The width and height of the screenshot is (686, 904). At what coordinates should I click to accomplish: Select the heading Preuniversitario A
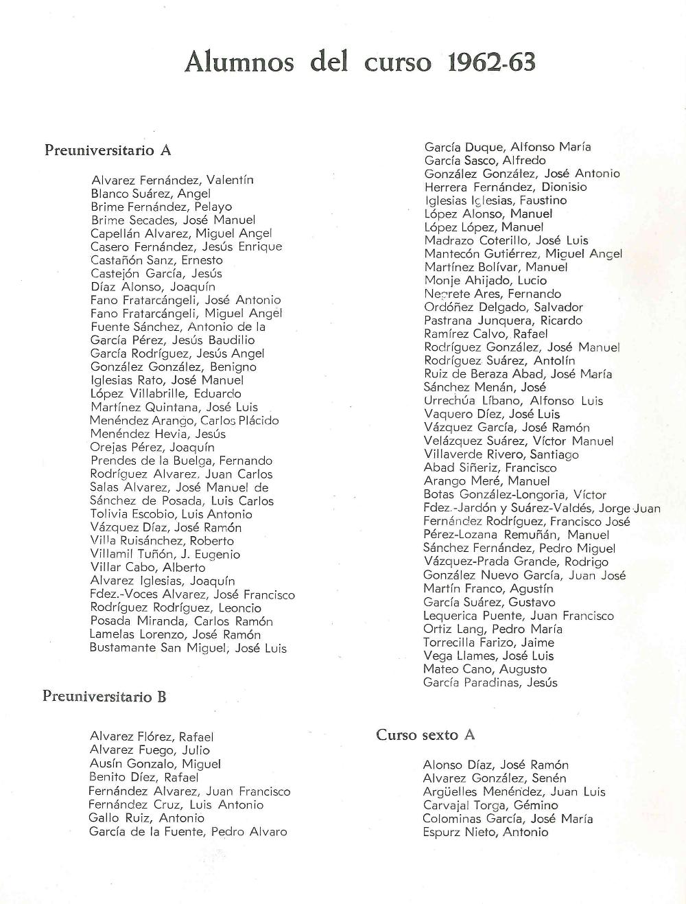(x=108, y=150)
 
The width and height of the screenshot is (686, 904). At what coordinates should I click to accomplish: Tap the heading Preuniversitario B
(x=104, y=697)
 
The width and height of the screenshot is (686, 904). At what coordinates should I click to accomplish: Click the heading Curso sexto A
(x=425, y=735)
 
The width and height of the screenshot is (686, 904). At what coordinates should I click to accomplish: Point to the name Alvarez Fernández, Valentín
(x=172, y=181)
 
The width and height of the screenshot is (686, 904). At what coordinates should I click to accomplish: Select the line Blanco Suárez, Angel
(x=150, y=194)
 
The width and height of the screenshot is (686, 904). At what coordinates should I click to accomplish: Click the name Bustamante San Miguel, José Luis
(x=188, y=648)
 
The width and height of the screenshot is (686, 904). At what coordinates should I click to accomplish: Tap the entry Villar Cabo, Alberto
(x=147, y=568)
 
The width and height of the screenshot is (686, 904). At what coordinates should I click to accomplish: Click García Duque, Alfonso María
(x=507, y=147)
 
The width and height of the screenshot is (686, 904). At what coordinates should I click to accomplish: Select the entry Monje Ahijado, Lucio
(x=485, y=280)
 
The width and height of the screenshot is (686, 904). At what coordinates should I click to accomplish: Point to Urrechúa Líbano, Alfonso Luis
(x=513, y=401)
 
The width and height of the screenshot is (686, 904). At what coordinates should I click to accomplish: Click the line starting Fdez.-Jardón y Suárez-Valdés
(x=541, y=509)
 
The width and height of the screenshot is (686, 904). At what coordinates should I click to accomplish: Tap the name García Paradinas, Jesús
(x=490, y=683)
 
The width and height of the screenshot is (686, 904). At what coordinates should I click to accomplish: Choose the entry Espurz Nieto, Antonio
(x=486, y=832)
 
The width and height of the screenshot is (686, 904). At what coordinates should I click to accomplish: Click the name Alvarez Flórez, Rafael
(x=152, y=737)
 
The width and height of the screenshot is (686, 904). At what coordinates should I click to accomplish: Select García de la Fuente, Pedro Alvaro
(x=187, y=832)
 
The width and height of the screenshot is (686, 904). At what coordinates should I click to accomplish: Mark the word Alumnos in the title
(x=239, y=62)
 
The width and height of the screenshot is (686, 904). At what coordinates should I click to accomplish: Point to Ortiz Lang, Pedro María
(x=493, y=629)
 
